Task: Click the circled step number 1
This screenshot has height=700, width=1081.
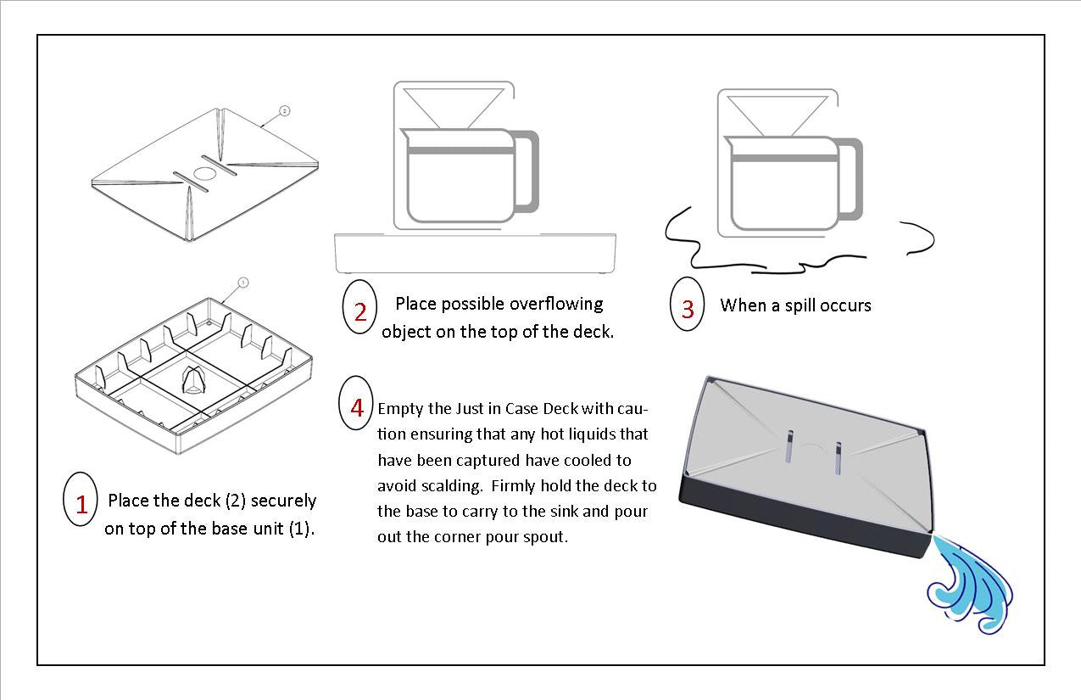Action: click(x=81, y=504)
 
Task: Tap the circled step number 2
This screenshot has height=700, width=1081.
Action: click(x=359, y=311)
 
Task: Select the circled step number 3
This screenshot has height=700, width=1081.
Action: click(x=687, y=308)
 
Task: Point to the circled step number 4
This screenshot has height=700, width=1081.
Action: click(x=357, y=407)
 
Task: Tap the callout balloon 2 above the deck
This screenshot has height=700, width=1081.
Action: click(x=284, y=111)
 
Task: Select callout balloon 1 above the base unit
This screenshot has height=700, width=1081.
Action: click(x=242, y=283)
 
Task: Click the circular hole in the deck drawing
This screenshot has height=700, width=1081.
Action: click(x=205, y=173)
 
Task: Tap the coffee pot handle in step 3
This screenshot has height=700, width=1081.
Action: click(x=853, y=179)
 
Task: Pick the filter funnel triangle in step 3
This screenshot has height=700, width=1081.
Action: click(x=777, y=114)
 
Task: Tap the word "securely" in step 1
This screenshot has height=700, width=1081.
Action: click(x=283, y=501)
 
